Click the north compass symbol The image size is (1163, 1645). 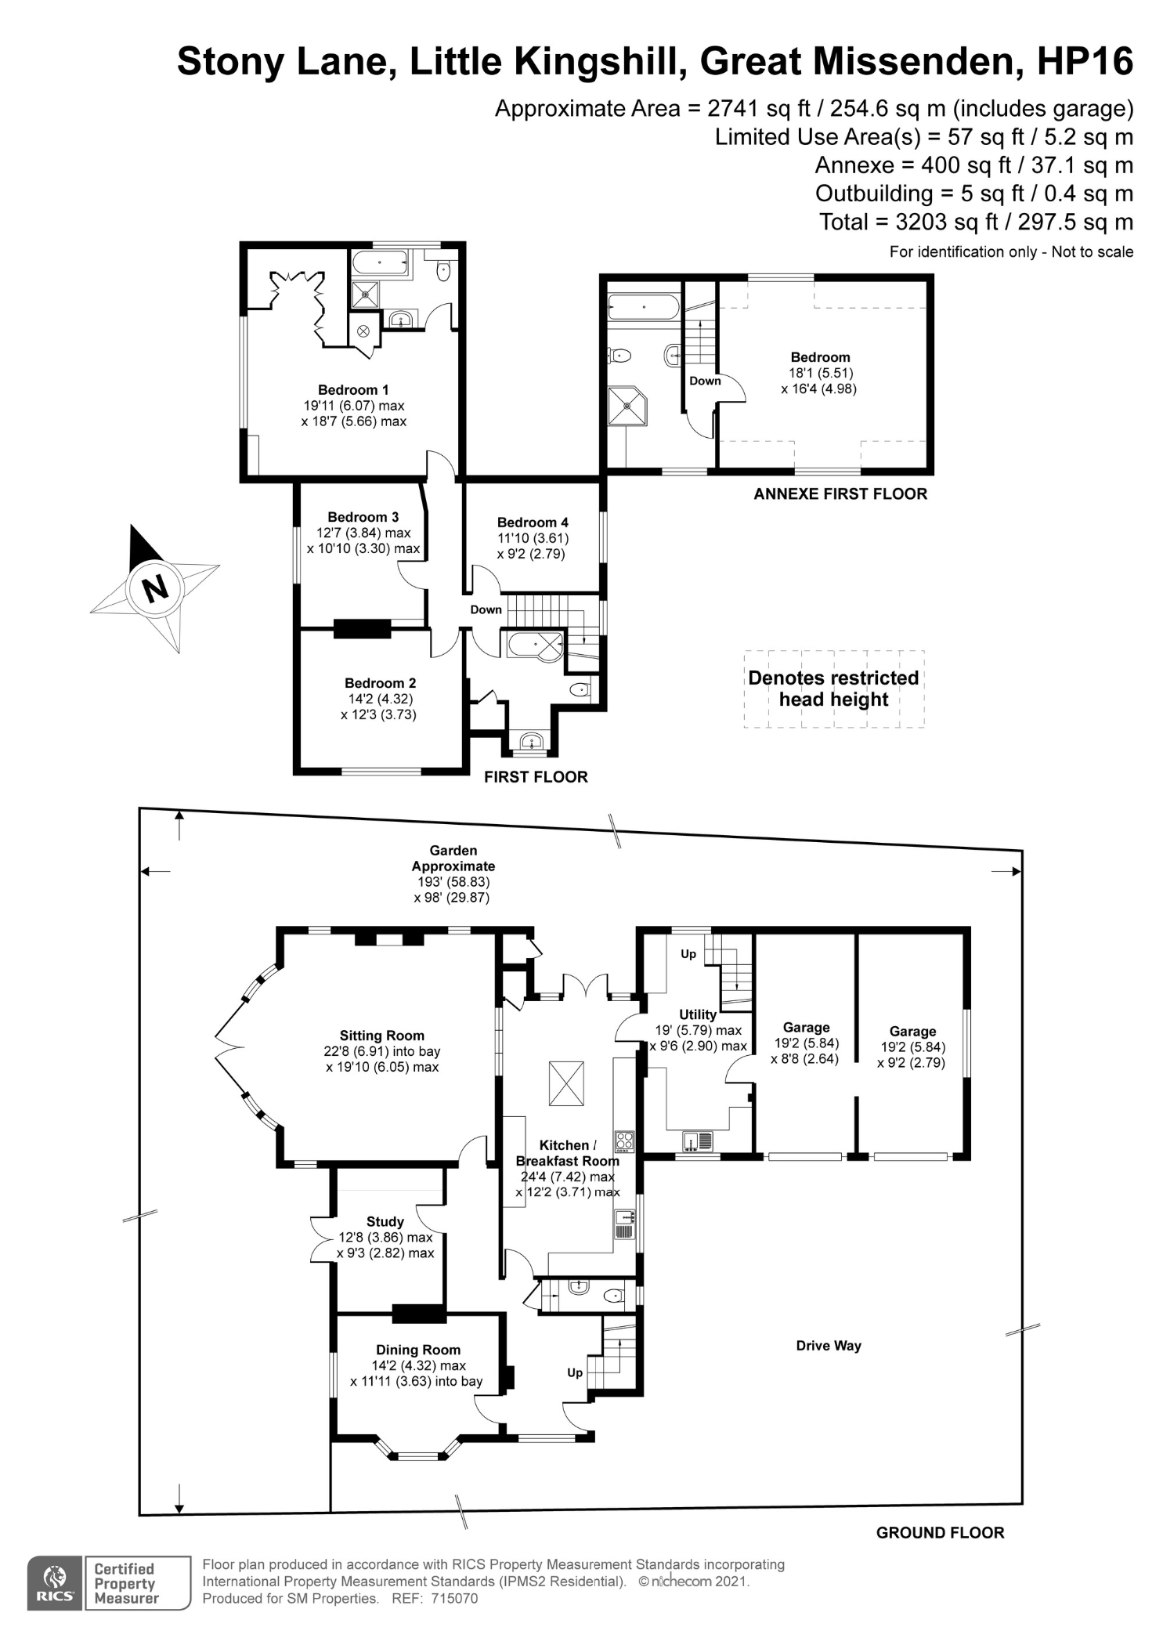click(155, 587)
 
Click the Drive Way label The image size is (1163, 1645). click(829, 1346)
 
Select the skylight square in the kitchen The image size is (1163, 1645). click(566, 1083)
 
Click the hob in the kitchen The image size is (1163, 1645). click(624, 1142)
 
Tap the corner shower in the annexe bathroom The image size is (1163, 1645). click(628, 406)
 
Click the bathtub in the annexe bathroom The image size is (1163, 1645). click(644, 307)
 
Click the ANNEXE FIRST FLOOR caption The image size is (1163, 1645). click(840, 494)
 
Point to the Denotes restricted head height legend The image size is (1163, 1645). click(834, 689)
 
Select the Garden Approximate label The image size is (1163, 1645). click(453, 859)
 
